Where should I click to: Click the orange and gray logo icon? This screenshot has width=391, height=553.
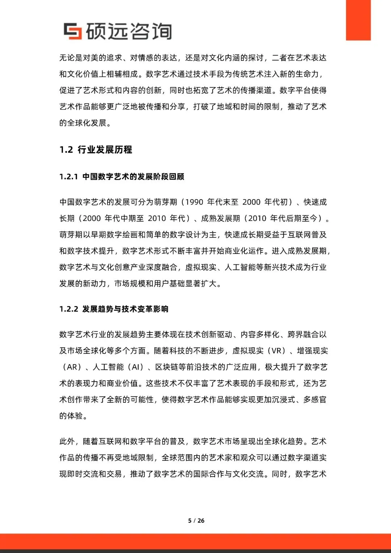coord(72,31)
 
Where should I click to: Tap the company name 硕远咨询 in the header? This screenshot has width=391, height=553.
coord(129,31)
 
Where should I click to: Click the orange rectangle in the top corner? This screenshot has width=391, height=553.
coord(358,20)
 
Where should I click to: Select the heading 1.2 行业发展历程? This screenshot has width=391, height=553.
coord(96,150)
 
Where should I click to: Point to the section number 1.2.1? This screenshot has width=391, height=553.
coord(68,177)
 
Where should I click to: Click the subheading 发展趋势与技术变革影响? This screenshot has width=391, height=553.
coord(125,309)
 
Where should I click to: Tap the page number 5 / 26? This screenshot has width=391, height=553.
coord(196,520)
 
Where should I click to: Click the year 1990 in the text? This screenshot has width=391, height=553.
coord(194,202)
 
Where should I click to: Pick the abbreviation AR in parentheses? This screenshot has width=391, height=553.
coord(72,367)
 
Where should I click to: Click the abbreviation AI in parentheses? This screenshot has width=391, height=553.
coord(136,367)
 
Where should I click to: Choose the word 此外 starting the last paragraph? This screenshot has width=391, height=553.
coord(67,441)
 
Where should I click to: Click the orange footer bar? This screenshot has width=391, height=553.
coord(195,541)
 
